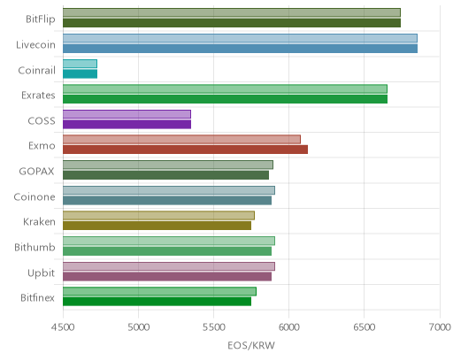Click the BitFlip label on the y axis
(41, 19)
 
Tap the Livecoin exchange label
(35, 45)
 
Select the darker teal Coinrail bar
(80, 73)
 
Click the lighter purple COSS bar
(127, 114)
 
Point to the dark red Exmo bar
(185, 150)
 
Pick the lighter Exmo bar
(181, 140)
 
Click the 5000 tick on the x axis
(138, 327)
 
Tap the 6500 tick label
(364, 327)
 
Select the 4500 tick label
(63, 327)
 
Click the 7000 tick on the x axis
(440, 327)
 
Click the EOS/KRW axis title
(251, 346)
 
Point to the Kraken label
(39, 222)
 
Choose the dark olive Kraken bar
(157, 226)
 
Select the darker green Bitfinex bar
(157, 302)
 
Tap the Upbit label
(41, 273)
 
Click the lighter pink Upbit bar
(169, 266)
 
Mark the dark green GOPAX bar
(165, 175)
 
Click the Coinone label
(35, 197)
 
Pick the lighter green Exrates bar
(225, 88)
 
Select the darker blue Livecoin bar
(240, 49)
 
